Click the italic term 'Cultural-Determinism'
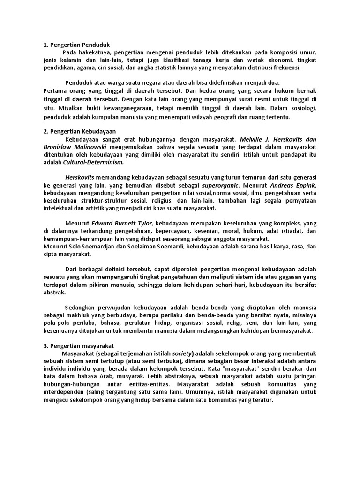click(x=93, y=162)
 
